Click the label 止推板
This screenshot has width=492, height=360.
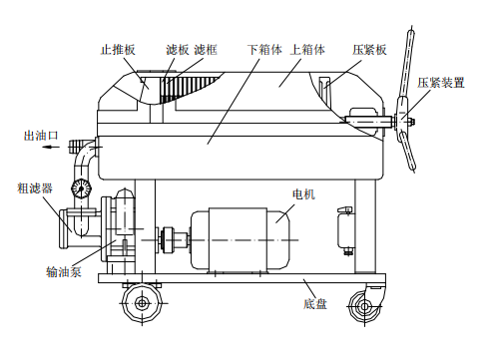coord(118,50)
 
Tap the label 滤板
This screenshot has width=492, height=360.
coord(178,50)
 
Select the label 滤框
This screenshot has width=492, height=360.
coord(206,50)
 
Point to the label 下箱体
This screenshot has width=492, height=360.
coord(264,50)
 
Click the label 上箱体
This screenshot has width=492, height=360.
coord(307,50)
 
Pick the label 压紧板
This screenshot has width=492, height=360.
coord(369,50)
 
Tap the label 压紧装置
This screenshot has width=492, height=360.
coord(441,83)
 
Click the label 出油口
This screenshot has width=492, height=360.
coord(41,136)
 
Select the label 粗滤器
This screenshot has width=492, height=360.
coord(35,188)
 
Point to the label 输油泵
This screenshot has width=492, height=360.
coord(64,271)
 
